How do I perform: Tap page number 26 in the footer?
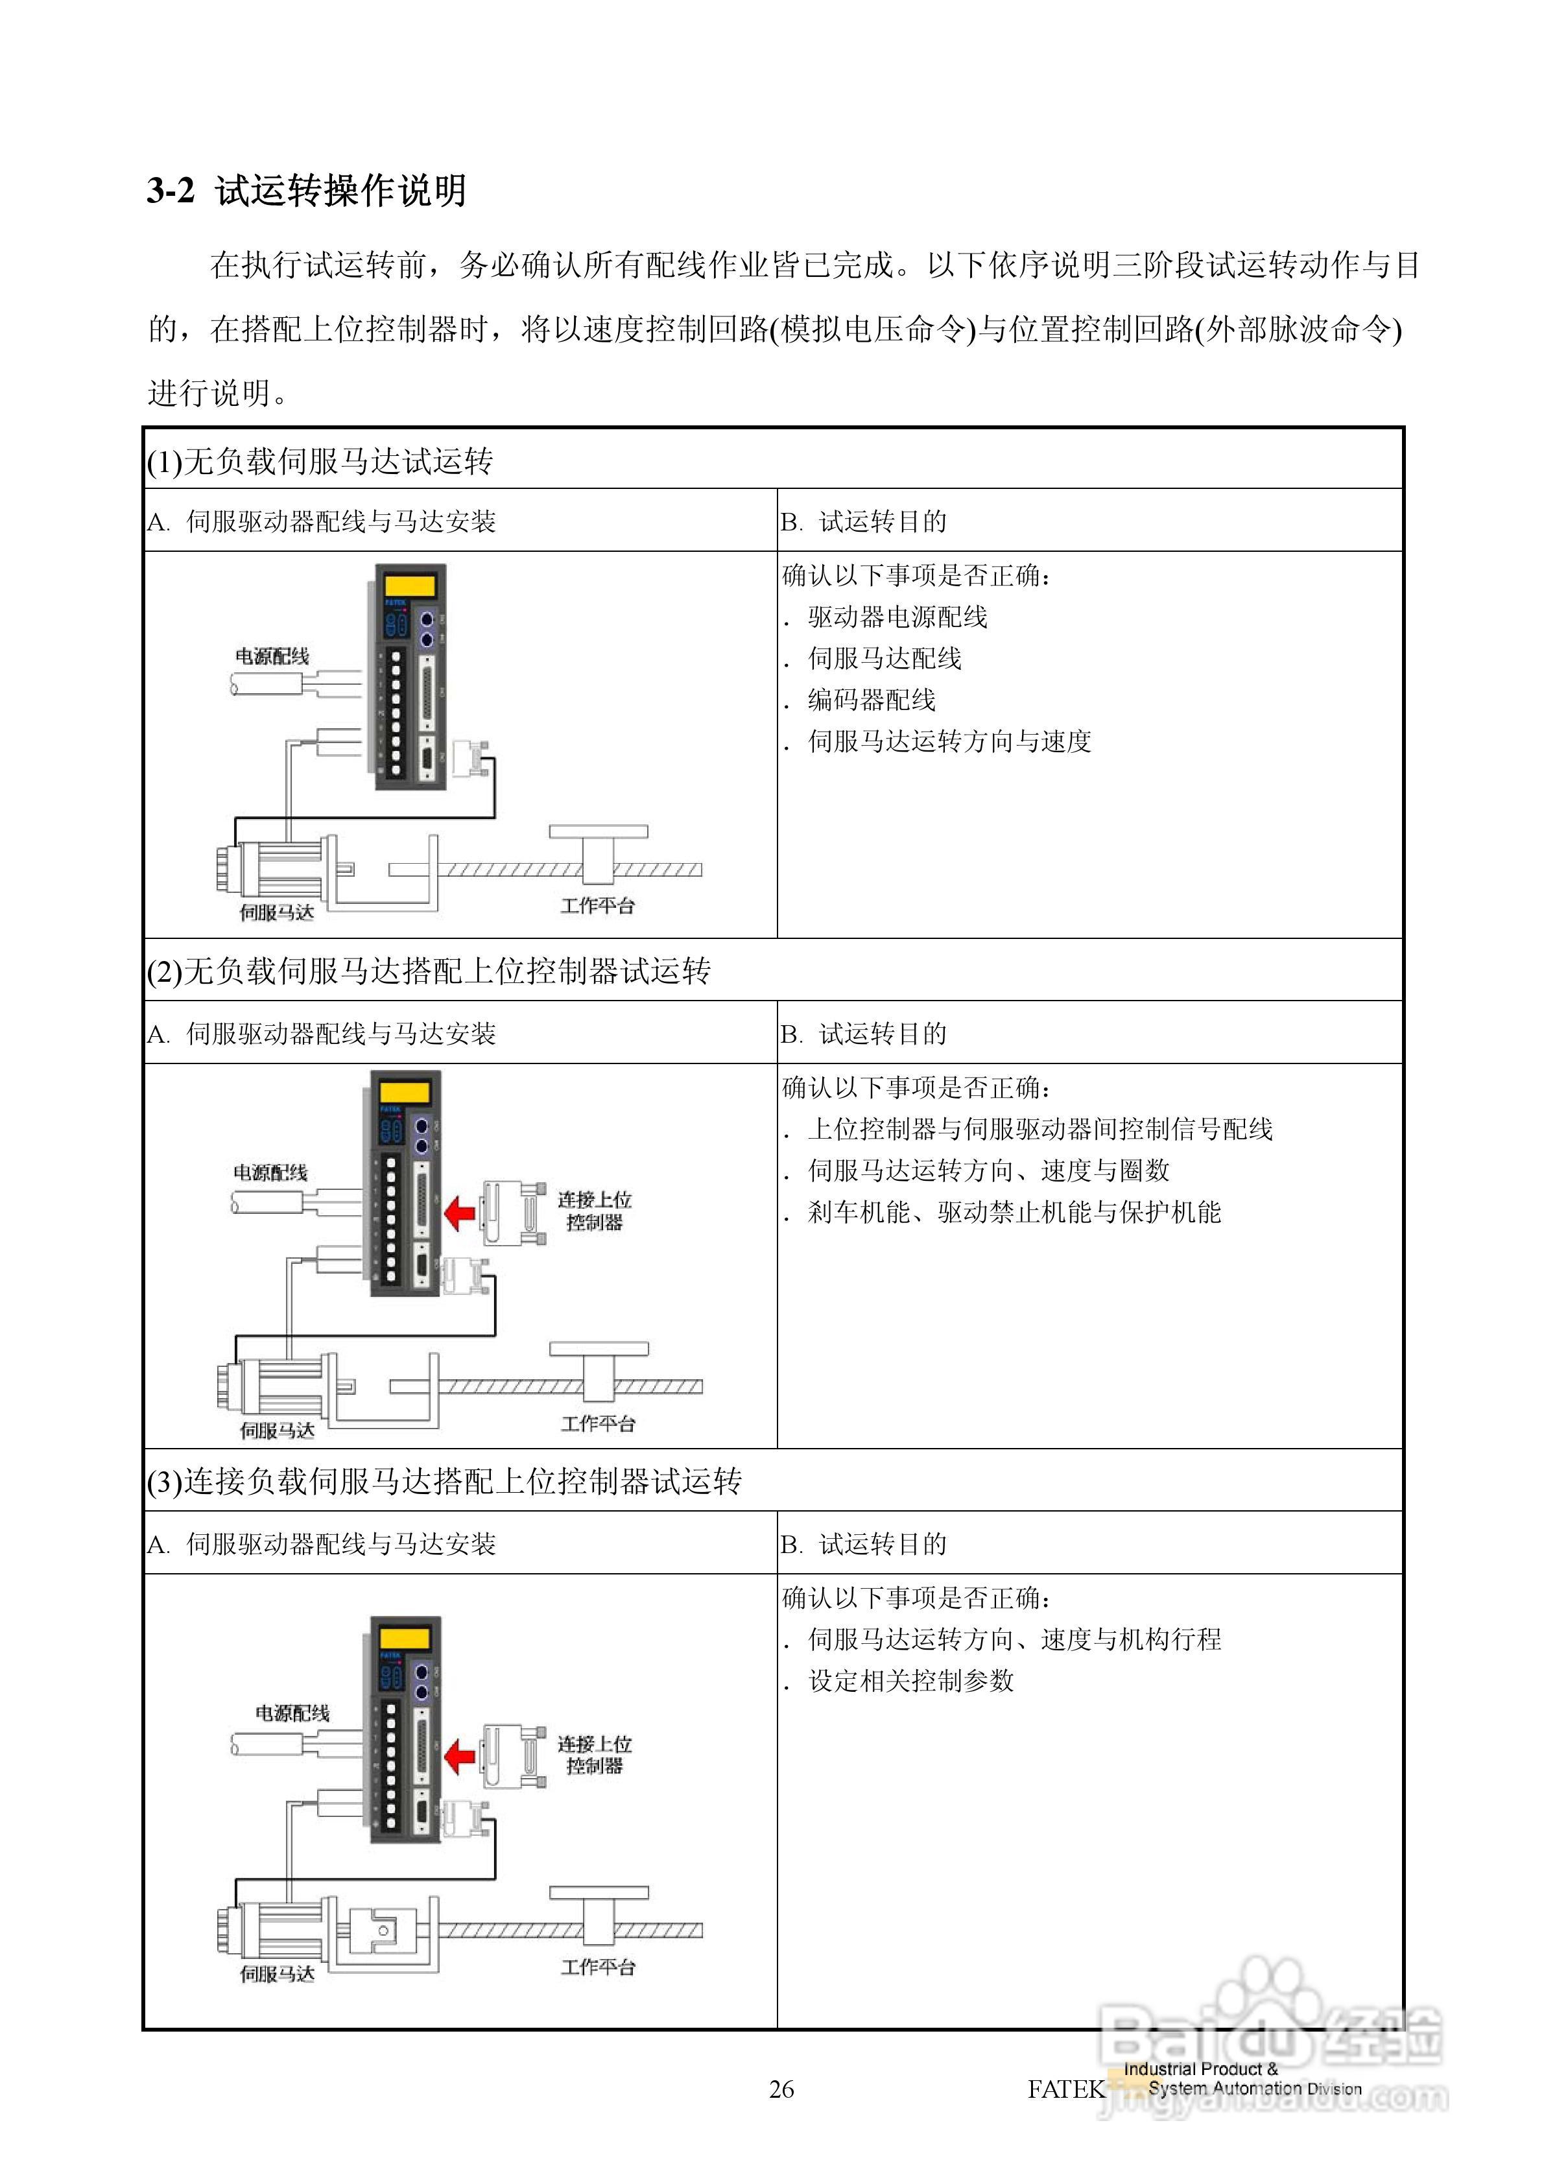[x=780, y=2088]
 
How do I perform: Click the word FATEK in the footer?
[x=1065, y=2088]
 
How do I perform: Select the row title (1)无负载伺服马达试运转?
[x=320, y=461]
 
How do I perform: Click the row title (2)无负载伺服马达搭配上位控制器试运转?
[x=428, y=971]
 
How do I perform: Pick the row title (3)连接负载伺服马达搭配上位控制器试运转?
[x=444, y=1481]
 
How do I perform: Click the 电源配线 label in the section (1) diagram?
[x=272, y=656]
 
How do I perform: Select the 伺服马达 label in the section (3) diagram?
[x=277, y=1975]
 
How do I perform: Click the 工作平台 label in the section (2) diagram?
[x=597, y=1423]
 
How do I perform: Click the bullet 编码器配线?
[x=872, y=700]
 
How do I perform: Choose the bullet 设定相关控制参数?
[x=910, y=1681]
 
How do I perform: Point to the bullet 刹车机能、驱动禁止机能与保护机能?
[x=1014, y=1212]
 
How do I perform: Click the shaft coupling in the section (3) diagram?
[x=381, y=1930]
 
